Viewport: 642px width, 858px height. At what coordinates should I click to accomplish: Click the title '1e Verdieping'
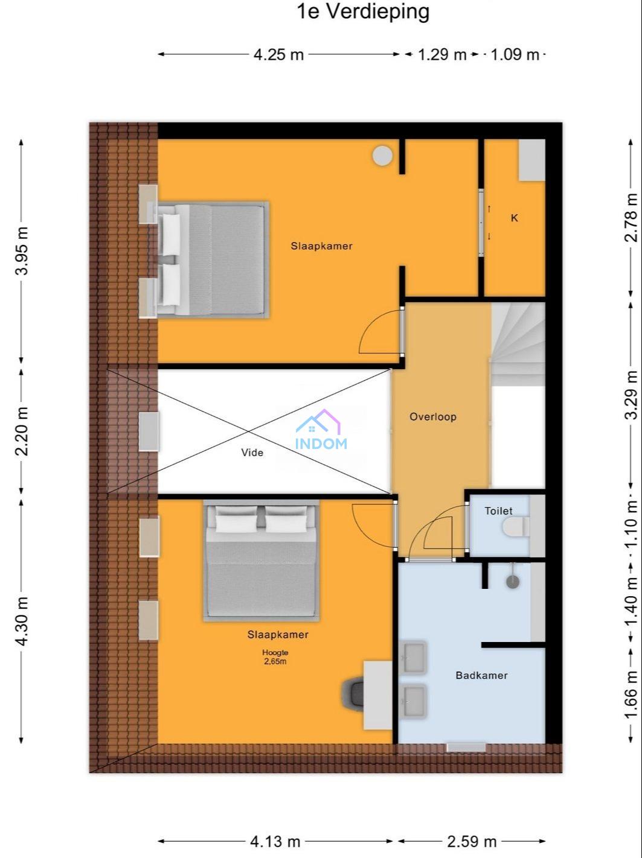(x=363, y=11)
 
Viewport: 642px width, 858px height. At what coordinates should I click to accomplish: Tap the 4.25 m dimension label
(x=278, y=54)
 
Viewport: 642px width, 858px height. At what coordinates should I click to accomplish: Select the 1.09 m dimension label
(x=515, y=54)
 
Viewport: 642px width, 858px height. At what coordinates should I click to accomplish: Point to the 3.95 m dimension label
(x=22, y=250)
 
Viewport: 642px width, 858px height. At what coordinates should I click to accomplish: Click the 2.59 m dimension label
(x=472, y=841)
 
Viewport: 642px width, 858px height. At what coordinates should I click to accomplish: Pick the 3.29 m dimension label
(x=631, y=395)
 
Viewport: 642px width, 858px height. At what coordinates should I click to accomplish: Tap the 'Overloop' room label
(x=432, y=417)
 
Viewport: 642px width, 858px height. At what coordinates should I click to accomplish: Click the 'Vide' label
(x=252, y=453)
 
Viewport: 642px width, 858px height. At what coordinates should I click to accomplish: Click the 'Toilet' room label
(x=498, y=510)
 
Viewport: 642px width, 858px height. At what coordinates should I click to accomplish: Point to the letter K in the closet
(x=515, y=218)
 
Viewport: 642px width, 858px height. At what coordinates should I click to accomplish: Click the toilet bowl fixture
(x=516, y=526)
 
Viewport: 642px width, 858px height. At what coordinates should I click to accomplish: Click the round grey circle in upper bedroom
(x=382, y=156)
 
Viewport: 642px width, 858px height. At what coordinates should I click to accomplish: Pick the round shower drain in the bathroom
(x=513, y=582)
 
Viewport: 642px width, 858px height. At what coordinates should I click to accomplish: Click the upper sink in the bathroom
(x=414, y=658)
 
